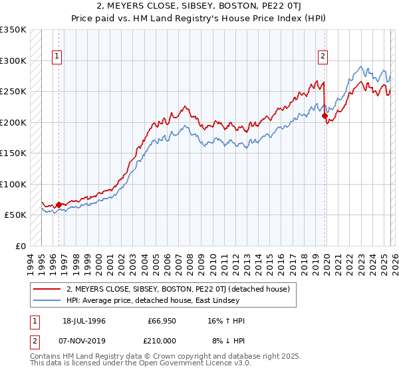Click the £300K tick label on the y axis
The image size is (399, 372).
click(x=13, y=60)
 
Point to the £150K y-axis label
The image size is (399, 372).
click(x=13, y=153)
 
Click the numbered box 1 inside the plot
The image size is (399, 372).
click(x=58, y=57)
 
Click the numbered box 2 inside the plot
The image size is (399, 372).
click(x=323, y=57)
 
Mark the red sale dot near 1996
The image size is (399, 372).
click(x=59, y=205)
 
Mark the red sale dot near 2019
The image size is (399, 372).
click(x=325, y=116)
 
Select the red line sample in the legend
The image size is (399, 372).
click(x=47, y=289)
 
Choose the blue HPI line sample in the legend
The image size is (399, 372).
click(x=47, y=300)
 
